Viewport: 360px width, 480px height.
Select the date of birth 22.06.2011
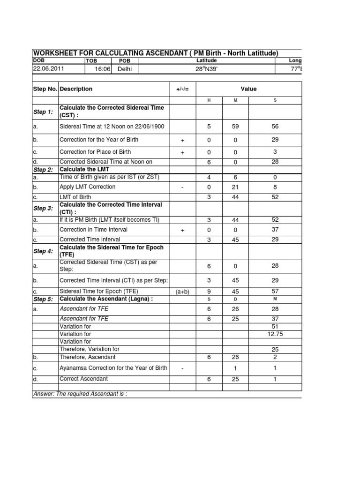click(49, 68)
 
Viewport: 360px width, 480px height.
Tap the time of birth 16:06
click(102, 69)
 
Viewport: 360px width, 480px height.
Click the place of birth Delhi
click(125, 69)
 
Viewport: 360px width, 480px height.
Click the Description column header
click(76, 89)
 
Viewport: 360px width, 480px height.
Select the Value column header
click(248, 89)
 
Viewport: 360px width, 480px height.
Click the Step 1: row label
click(43, 112)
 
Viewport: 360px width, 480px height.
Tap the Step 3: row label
click(43, 208)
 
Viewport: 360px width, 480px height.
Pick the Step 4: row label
click(43, 251)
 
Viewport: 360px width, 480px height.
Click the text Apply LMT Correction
click(88, 187)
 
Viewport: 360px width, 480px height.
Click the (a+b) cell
click(182, 292)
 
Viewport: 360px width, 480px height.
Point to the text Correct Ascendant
click(83, 379)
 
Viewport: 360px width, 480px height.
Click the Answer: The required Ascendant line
click(80, 394)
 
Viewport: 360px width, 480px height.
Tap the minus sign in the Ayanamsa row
click(182, 368)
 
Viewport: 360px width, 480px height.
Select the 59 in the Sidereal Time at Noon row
click(235, 126)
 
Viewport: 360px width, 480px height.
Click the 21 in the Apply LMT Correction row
click(235, 187)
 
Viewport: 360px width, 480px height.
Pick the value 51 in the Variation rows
click(275, 326)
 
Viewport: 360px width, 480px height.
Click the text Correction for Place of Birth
click(95, 152)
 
